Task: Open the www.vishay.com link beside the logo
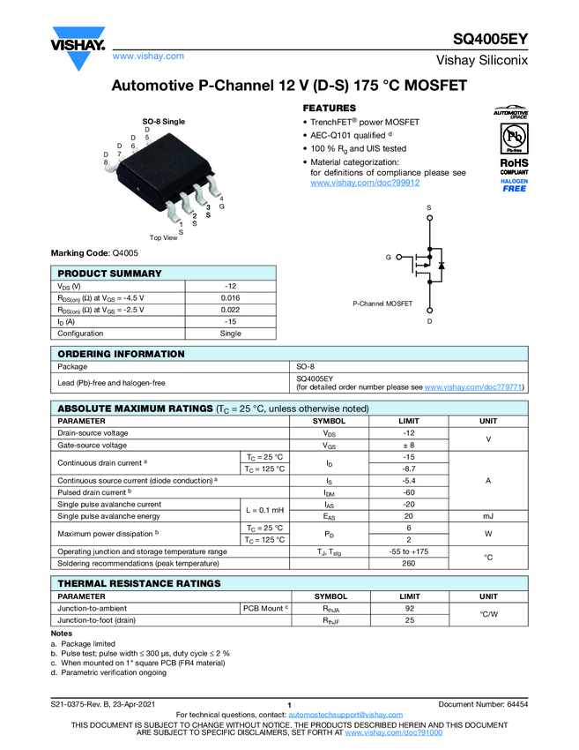148,56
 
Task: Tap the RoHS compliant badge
514,167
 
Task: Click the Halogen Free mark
514,185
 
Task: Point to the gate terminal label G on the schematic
387,257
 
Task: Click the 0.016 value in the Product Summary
230,298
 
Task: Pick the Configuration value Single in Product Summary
230,334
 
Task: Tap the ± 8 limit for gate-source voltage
408,445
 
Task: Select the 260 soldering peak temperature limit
408,563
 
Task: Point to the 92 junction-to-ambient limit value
408,608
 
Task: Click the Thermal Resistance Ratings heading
139,583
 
